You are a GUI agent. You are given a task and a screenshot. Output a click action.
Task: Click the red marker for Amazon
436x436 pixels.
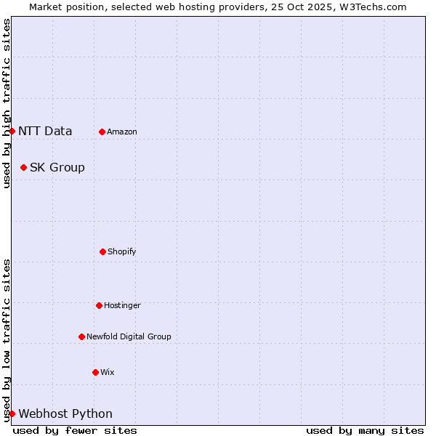pos(102,132)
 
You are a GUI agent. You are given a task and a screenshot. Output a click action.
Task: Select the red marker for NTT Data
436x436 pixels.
pos(12,131)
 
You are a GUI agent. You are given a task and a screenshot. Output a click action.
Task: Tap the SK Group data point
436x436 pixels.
pos(23,167)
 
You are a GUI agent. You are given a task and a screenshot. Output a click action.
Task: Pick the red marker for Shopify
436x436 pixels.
pos(102,251)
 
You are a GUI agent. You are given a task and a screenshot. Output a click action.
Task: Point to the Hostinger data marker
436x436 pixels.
pos(99,305)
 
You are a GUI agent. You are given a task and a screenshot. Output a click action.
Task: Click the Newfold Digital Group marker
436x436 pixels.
pos(81,336)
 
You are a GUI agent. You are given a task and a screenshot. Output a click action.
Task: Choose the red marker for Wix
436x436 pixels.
pos(95,372)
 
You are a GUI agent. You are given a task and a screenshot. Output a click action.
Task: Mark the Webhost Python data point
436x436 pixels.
pos(12,413)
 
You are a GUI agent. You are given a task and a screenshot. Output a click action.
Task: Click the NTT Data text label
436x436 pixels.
pos(45,132)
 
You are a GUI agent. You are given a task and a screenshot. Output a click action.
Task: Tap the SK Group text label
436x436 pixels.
pos(57,168)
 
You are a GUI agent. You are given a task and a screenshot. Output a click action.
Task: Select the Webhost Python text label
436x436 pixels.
pos(65,414)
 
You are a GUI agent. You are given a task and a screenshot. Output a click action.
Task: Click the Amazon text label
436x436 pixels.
pos(122,132)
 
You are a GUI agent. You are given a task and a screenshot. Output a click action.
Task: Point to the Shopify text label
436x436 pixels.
pos(122,252)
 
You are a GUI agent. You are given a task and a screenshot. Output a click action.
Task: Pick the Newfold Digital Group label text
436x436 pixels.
pos(129,337)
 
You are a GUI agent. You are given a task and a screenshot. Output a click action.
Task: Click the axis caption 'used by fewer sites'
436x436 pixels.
pos(75,430)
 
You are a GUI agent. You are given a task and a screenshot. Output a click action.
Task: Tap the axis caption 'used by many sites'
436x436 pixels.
pos(365,430)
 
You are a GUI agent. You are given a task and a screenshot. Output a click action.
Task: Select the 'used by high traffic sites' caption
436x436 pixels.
pos(7,104)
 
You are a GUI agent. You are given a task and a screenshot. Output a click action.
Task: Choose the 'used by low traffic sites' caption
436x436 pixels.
pos(7,340)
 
